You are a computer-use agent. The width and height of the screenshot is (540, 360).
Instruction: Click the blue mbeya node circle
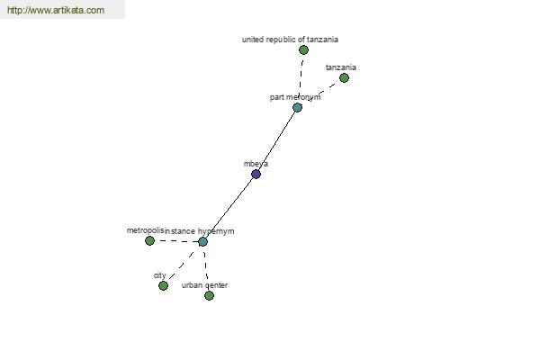coord(256,174)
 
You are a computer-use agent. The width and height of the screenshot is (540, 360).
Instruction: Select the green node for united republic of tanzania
coord(303,50)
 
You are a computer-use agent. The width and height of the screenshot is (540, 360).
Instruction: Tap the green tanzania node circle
coord(344,78)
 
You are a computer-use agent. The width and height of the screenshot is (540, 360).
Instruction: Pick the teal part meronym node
coord(297,107)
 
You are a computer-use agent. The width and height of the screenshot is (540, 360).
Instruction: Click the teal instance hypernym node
coord(202,241)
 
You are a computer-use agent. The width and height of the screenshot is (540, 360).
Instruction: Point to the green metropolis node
coord(149,240)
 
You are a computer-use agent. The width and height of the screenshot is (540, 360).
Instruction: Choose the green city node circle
coord(163,285)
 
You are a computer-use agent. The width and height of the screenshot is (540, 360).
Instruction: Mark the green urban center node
coord(209,295)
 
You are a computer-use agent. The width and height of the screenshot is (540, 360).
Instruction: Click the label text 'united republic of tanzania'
coord(290,40)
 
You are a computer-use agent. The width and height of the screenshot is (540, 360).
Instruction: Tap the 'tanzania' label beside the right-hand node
coord(341,67)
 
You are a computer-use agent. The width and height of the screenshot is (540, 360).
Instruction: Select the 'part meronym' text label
coord(295,97)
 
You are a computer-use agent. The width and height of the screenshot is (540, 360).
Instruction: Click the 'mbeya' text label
coord(256,164)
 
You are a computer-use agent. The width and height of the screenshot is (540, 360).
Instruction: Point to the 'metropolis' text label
coord(145,230)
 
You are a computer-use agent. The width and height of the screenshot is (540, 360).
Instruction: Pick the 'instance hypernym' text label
coord(200,231)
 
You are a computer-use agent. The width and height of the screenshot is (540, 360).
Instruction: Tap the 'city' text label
coord(160,275)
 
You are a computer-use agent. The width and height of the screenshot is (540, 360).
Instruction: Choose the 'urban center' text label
coord(204,285)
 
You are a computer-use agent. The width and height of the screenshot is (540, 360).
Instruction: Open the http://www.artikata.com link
coord(56,10)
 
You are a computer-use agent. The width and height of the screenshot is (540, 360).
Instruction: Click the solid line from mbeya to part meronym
coord(276,141)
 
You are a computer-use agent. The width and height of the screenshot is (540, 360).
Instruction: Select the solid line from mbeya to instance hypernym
coord(229,208)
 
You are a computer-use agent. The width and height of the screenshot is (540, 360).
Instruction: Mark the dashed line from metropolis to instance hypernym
coord(176,241)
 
